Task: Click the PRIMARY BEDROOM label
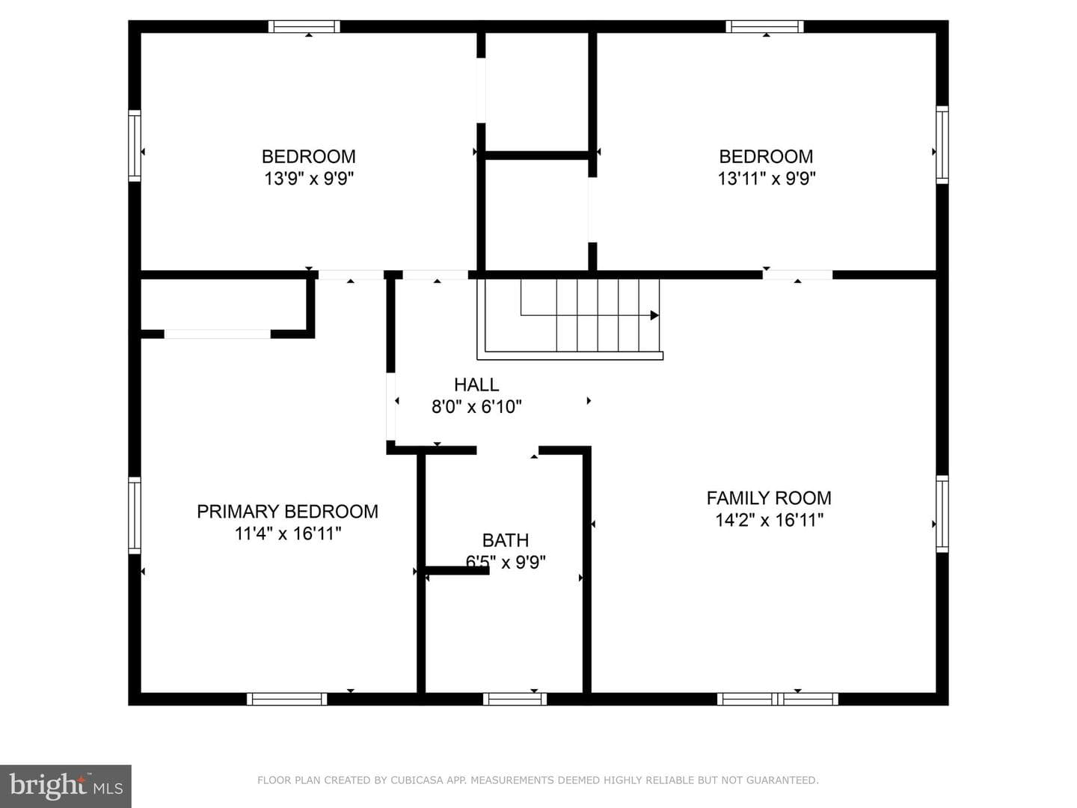(x=287, y=512)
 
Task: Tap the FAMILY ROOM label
(x=769, y=498)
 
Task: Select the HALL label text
(x=476, y=385)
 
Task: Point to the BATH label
(x=506, y=540)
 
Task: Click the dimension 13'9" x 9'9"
(x=309, y=179)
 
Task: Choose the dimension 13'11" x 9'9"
(x=767, y=179)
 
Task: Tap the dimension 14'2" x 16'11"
(x=769, y=520)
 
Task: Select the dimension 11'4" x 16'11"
(x=287, y=533)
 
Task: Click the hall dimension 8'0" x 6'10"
(x=476, y=407)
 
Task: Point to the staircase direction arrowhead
(x=654, y=315)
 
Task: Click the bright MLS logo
(x=66, y=786)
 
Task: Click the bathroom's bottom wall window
(x=515, y=699)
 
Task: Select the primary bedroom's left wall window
(x=135, y=515)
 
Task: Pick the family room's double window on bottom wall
(x=778, y=699)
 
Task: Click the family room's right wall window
(x=942, y=514)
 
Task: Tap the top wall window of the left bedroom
(x=304, y=26)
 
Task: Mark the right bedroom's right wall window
(x=942, y=144)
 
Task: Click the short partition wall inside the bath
(x=457, y=570)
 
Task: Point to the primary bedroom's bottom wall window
(x=286, y=699)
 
